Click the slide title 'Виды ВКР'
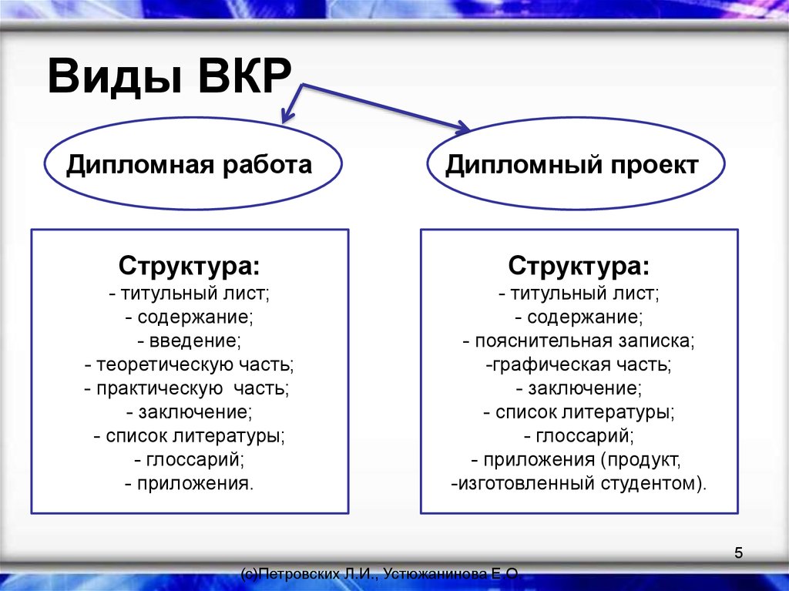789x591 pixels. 170,76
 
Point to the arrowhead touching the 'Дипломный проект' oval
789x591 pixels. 463,128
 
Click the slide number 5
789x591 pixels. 738,552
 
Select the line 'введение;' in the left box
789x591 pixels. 190,341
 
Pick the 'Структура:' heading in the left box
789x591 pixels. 190,267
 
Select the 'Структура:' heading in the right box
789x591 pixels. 579,267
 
